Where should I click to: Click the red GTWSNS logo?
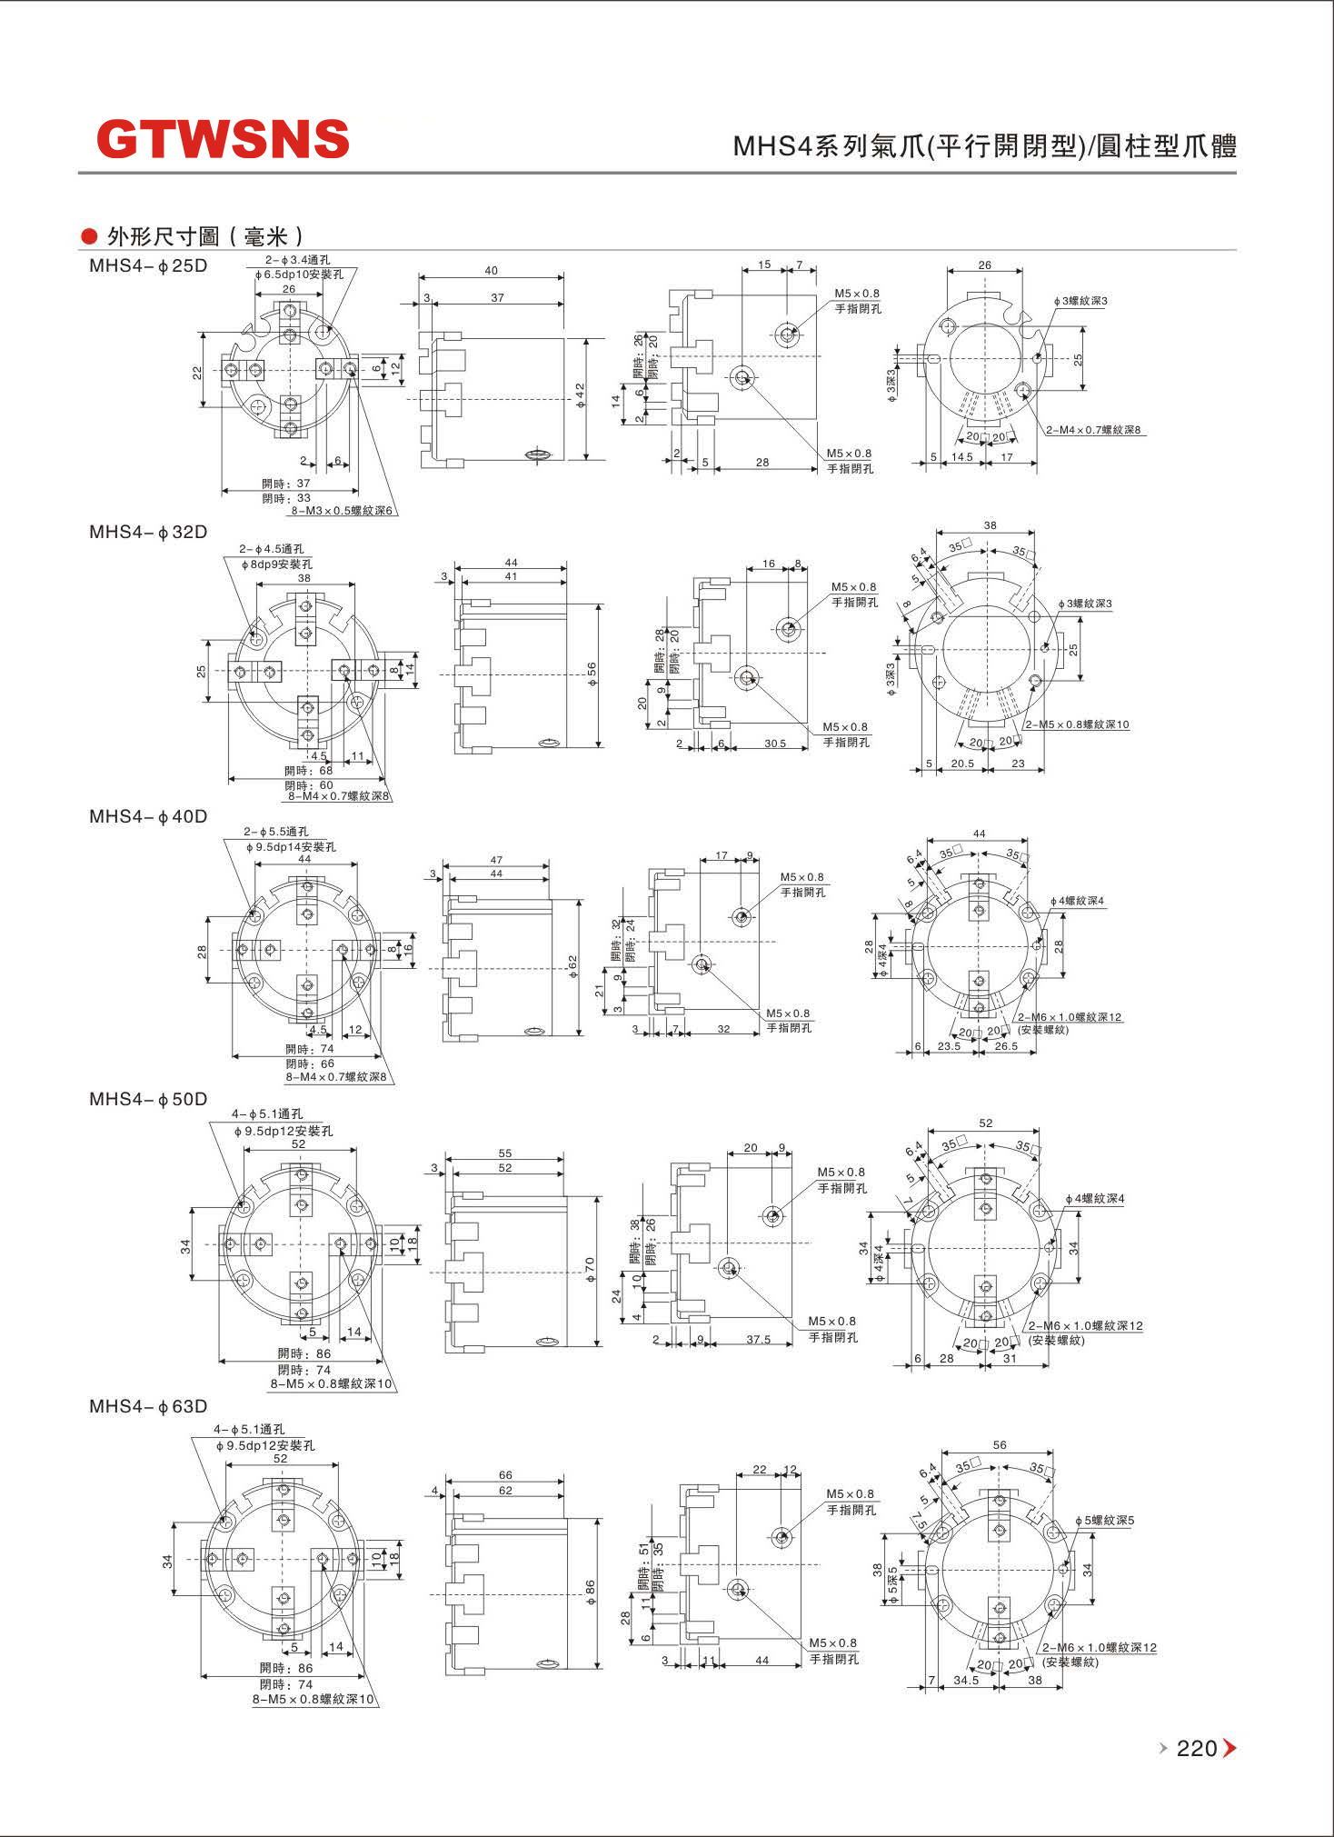click(223, 140)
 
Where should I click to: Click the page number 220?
click(1196, 1748)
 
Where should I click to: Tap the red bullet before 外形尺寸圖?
click(89, 236)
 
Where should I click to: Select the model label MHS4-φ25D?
click(148, 266)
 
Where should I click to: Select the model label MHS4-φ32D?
click(148, 532)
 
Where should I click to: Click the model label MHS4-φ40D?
click(148, 816)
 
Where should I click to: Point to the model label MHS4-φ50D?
click(148, 1099)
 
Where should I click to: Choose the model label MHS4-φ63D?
click(148, 1406)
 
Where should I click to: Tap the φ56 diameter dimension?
click(592, 674)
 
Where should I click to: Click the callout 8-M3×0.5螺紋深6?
click(342, 511)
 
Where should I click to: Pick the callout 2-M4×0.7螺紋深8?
click(1093, 430)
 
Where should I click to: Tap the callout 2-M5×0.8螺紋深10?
click(1077, 724)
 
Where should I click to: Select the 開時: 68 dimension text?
click(309, 771)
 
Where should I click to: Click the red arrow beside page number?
click(1229, 1748)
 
